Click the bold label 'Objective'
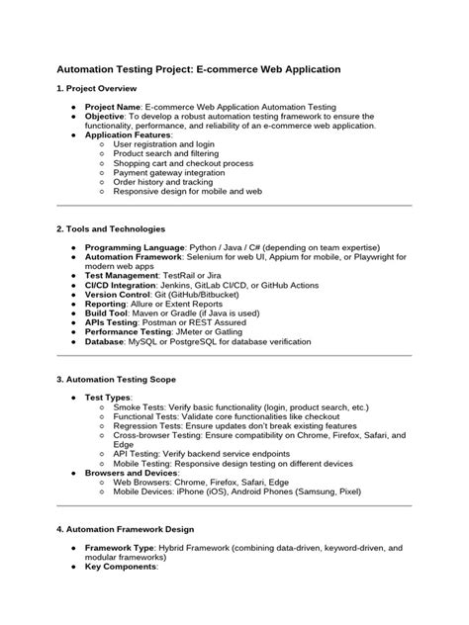click(108, 117)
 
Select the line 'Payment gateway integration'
click(172, 172)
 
